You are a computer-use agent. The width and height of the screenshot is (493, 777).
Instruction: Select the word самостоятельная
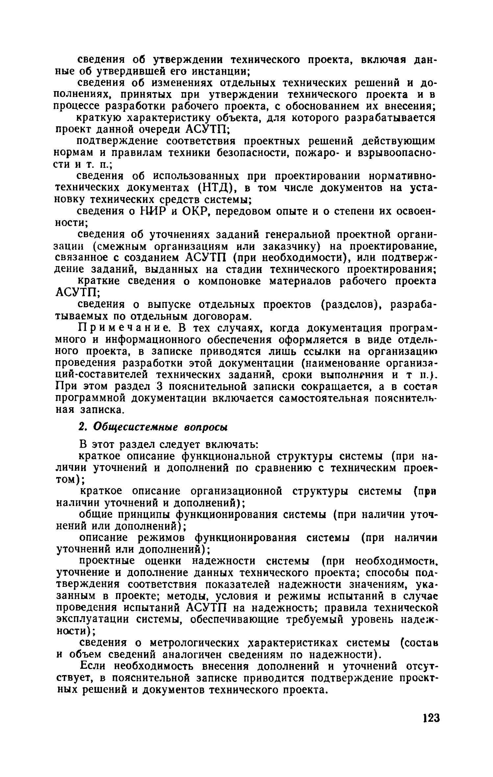click(x=319, y=398)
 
